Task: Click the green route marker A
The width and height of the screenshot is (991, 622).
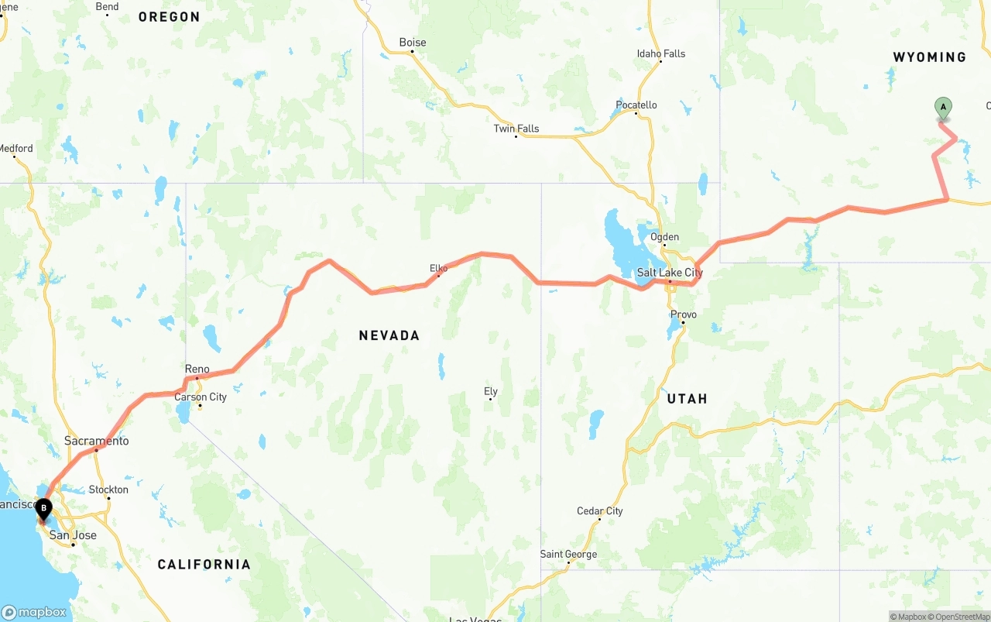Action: (943, 108)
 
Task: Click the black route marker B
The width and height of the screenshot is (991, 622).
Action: (44, 510)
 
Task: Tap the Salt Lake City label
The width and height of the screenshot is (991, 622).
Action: (670, 273)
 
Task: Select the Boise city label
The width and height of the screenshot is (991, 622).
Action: (412, 43)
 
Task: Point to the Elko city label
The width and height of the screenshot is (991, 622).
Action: (438, 268)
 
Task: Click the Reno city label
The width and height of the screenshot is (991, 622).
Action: (197, 369)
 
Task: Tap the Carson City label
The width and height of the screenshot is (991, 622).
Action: (200, 397)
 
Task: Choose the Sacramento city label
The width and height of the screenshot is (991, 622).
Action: (96, 441)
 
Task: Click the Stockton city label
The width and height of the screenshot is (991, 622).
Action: (108, 490)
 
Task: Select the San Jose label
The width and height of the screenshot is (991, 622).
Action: (73, 535)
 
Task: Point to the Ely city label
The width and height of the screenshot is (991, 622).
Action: (490, 391)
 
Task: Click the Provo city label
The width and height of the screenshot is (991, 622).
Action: (684, 314)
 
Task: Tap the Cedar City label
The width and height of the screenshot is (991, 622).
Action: (599, 511)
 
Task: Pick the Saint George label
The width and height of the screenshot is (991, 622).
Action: (568, 554)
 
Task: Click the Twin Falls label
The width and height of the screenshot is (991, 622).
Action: (516, 129)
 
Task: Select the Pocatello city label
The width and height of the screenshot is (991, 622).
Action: (636, 105)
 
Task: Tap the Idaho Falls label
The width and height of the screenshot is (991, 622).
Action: (660, 53)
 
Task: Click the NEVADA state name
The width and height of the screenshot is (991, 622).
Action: (389, 335)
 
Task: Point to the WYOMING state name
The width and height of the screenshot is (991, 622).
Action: (929, 57)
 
